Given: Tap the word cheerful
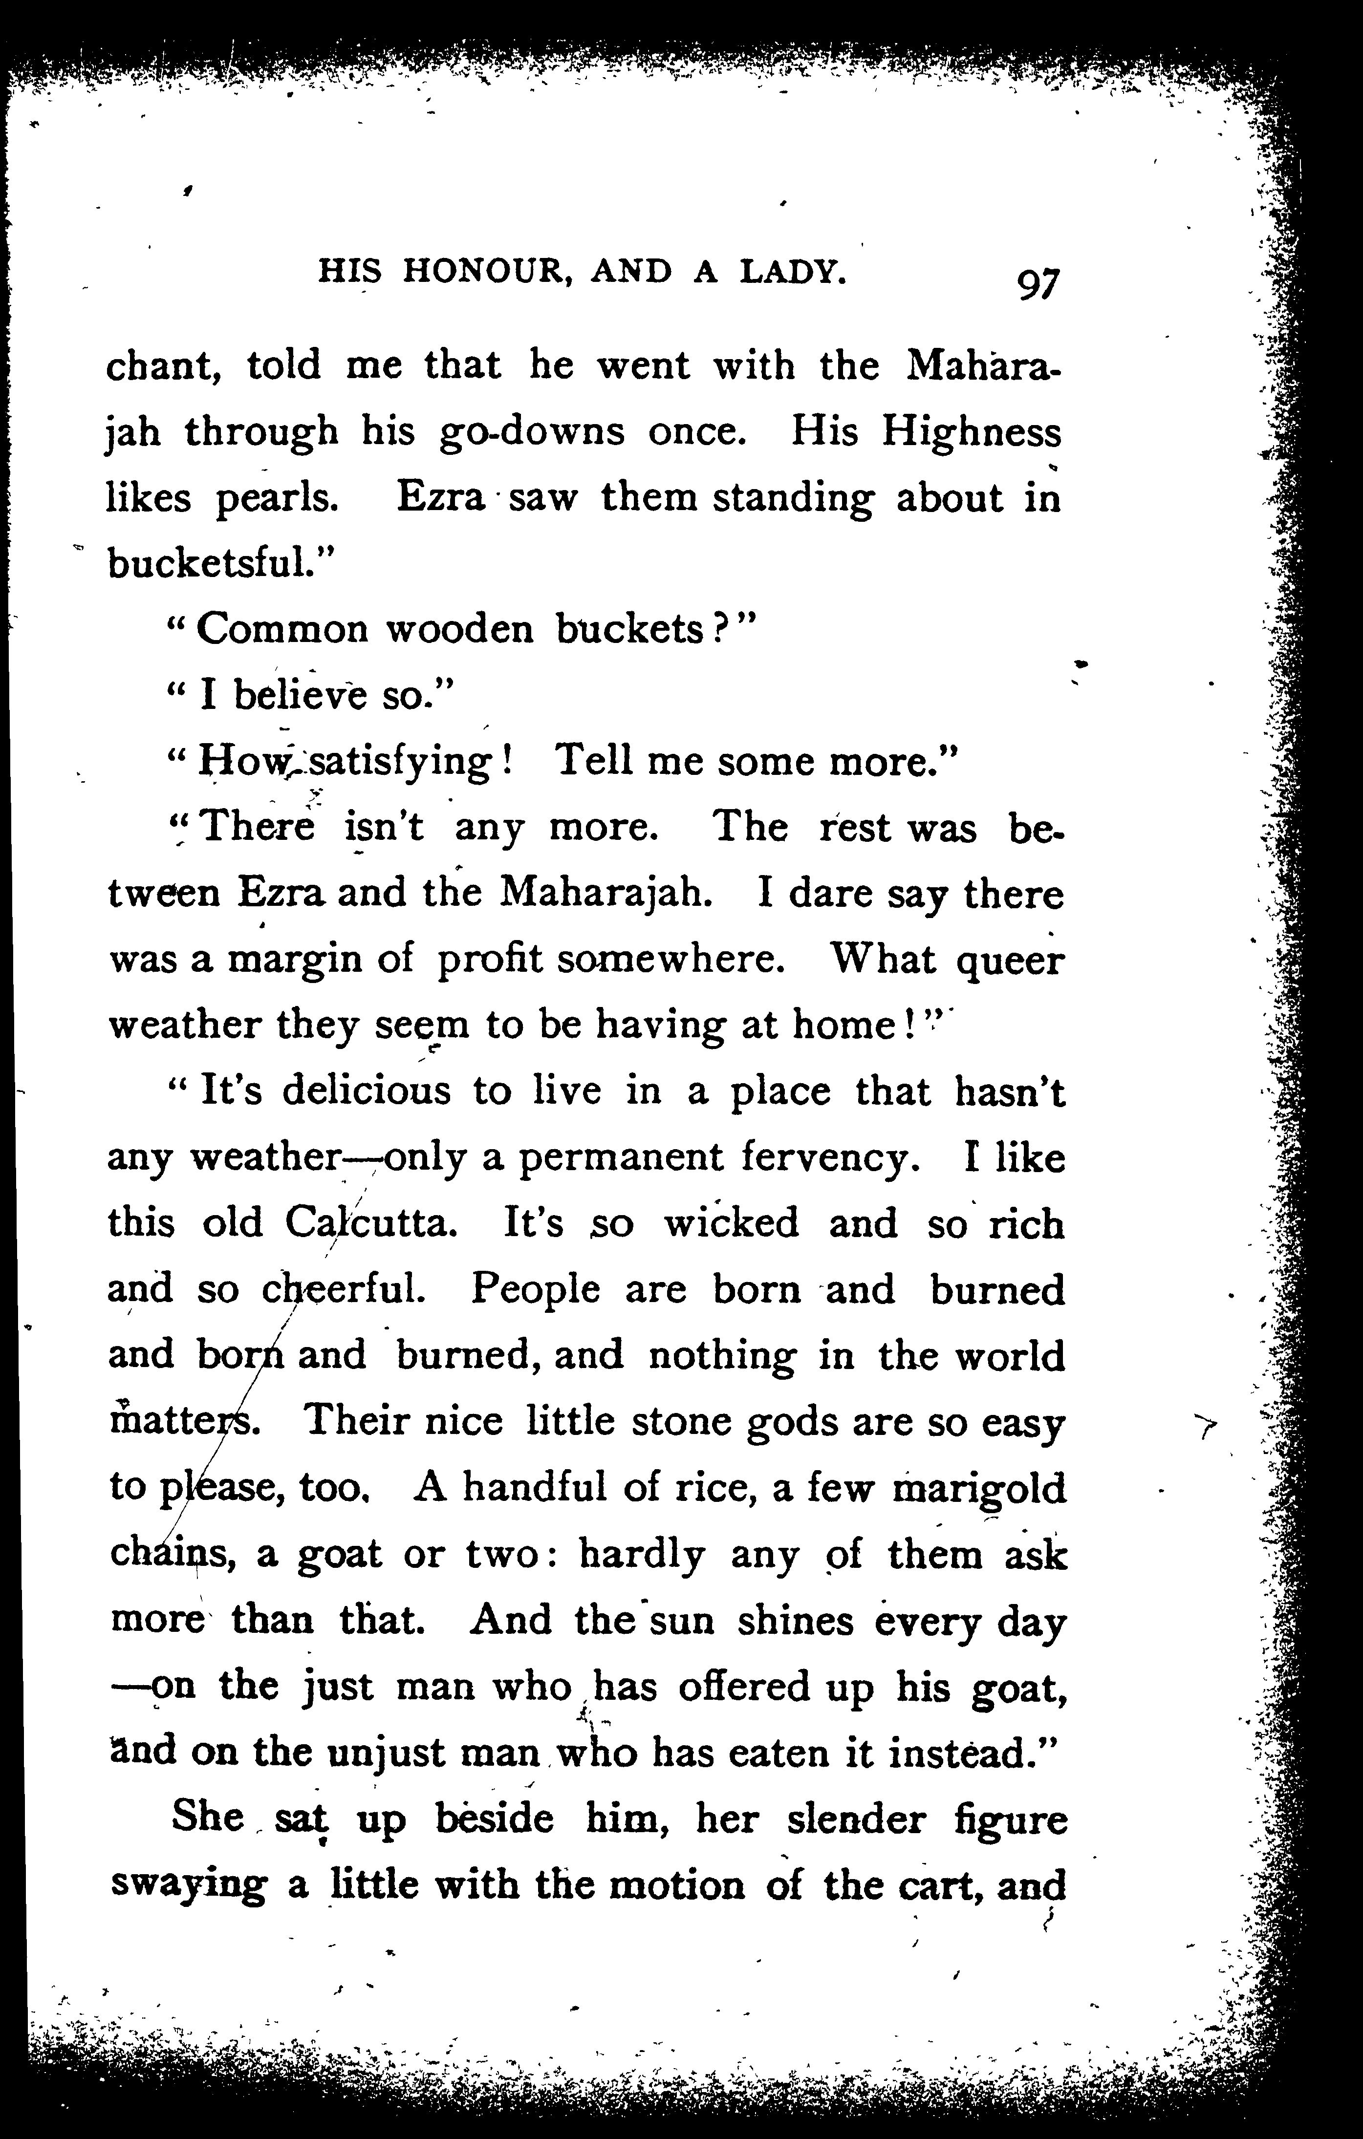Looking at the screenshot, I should point(345,1290).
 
